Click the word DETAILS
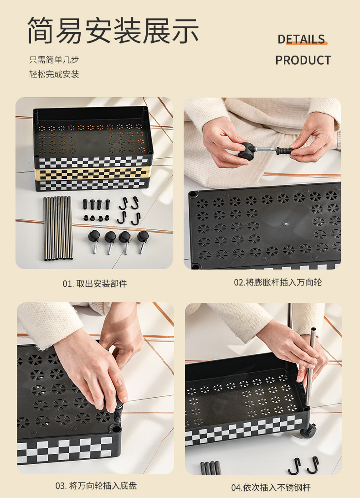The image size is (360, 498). click(x=301, y=39)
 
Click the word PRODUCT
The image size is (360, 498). click(x=303, y=60)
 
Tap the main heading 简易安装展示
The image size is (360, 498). click(x=113, y=31)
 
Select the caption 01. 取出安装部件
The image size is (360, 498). click(x=95, y=283)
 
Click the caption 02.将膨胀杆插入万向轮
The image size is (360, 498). click(x=278, y=282)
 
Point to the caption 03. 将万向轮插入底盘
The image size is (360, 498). click(x=96, y=486)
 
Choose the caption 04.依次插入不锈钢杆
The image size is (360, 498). click(x=271, y=487)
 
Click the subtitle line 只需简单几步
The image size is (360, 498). click(x=54, y=59)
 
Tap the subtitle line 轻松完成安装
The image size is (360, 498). click(x=54, y=74)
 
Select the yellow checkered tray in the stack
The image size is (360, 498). click(x=92, y=173)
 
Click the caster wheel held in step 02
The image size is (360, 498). click(x=247, y=150)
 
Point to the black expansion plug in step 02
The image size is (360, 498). click(x=285, y=150)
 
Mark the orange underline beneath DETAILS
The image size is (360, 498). click(x=307, y=43)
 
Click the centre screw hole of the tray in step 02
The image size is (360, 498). click(x=286, y=223)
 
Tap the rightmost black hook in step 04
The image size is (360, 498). click(x=314, y=465)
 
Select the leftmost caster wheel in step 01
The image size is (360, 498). click(x=94, y=240)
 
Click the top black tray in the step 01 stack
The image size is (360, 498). click(x=93, y=136)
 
